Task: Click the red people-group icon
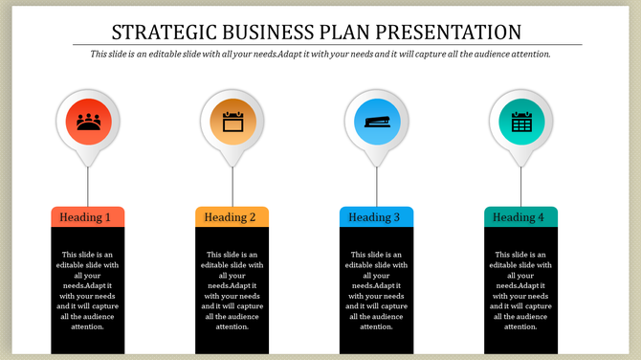pos(88,122)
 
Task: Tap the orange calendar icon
pos(232,122)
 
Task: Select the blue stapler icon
pos(376,122)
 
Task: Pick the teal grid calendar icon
pos(520,122)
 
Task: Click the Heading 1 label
pos(87,217)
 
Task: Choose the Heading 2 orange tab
pos(232,217)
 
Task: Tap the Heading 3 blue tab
pos(376,217)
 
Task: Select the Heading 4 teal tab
pos(520,217)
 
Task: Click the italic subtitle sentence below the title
pos(320,55)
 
